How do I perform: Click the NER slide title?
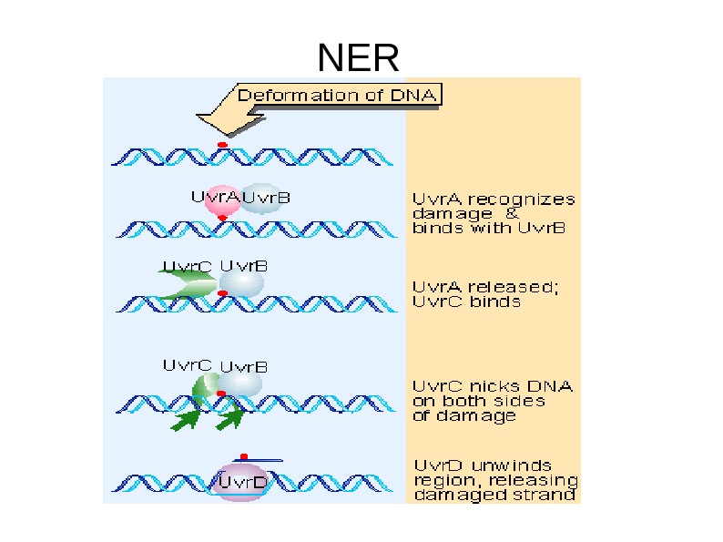point(358,58)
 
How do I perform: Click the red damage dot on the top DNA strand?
point(221,145)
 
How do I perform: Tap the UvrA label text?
point(215,195)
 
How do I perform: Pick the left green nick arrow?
point(187,419)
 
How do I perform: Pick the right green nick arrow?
point(230,417)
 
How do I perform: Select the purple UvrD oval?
point(240,482)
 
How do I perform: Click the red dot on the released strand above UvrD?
point(243,456)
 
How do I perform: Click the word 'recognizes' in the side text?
point(521,199)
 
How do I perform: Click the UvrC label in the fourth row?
point(187,365)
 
